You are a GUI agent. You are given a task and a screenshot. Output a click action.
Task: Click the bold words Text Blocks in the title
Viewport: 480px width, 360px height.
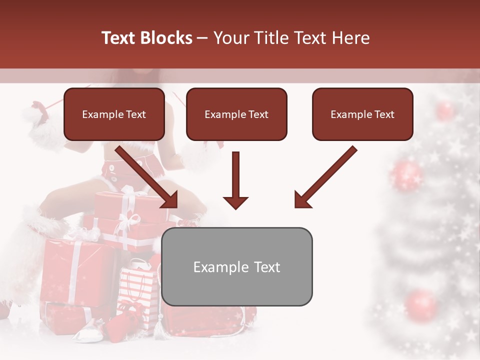147,38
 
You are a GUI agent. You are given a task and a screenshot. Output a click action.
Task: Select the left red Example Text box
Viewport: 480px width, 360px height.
114,114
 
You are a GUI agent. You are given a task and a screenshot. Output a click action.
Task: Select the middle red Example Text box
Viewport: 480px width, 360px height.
236,114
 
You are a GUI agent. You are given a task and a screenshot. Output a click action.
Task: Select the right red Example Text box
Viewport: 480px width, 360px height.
362,114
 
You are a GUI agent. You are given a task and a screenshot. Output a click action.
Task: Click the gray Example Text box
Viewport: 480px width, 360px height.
236,266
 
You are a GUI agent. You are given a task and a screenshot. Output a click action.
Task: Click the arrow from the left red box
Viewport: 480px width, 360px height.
147,177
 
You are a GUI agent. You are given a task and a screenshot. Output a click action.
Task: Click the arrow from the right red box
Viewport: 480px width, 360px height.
325,177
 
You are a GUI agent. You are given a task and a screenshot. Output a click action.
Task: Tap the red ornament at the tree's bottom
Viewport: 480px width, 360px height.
421,304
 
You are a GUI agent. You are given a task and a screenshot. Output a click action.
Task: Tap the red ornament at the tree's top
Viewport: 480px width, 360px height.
444,110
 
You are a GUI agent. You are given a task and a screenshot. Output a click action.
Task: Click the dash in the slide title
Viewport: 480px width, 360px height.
202,38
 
